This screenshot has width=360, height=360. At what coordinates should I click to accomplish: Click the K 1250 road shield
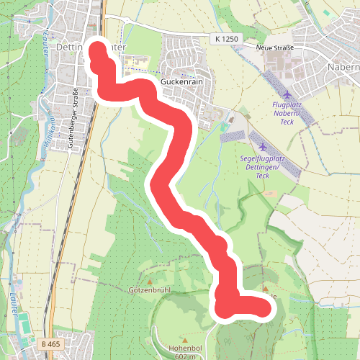point(225,37)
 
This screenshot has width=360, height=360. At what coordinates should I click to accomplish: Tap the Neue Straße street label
point(276,48)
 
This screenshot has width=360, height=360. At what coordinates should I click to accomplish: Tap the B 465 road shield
point(50,344)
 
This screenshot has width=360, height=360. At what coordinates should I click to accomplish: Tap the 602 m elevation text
point(184,356)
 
